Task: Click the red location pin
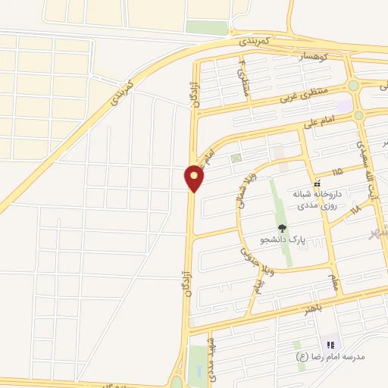(195, 179)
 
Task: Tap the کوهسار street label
(312, 58)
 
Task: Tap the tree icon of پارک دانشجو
(282, 227)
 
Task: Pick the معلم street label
(333, 283)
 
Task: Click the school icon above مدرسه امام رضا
(330, 345)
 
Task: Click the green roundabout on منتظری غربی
(353, 86)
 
